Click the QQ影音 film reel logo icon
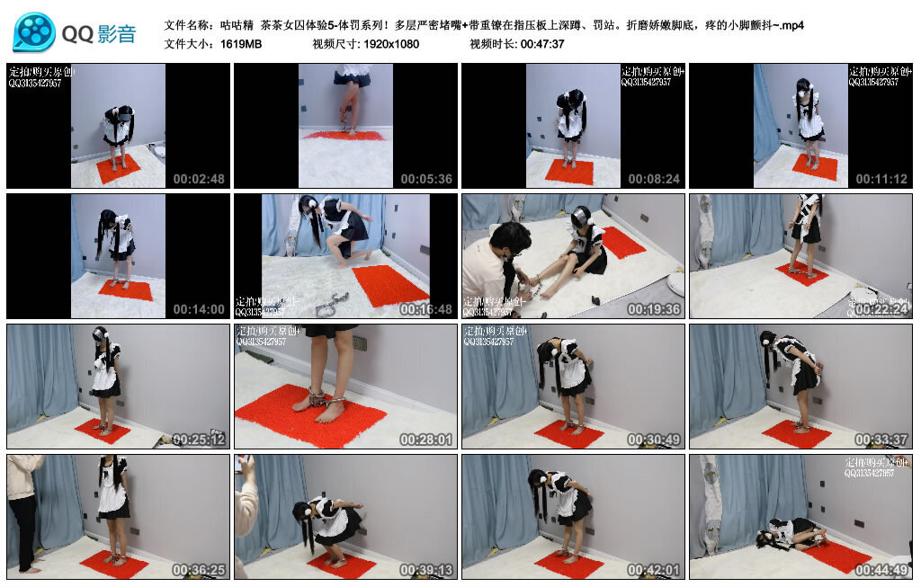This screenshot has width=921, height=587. [34, 33]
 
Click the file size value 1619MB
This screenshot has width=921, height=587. [241, 44]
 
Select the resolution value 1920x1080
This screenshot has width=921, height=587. [391, 44]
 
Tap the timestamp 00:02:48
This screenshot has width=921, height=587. [199, 179]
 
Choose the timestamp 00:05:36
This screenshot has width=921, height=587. [426, 179]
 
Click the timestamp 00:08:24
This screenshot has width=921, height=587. [654, 179]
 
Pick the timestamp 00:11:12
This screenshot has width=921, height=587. [881, 179]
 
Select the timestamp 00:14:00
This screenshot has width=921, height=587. [199, 309]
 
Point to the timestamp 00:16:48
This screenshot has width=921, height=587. [426, 309]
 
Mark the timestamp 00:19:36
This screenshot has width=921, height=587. [654, 309]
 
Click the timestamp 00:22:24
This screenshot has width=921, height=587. [881, 309]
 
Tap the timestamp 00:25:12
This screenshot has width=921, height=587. [199, 440]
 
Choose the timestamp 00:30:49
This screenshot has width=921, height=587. [654, 440]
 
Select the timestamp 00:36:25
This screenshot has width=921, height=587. [199, 570]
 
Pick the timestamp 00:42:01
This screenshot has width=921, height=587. [654, 570]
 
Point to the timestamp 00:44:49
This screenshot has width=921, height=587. [881, 570]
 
